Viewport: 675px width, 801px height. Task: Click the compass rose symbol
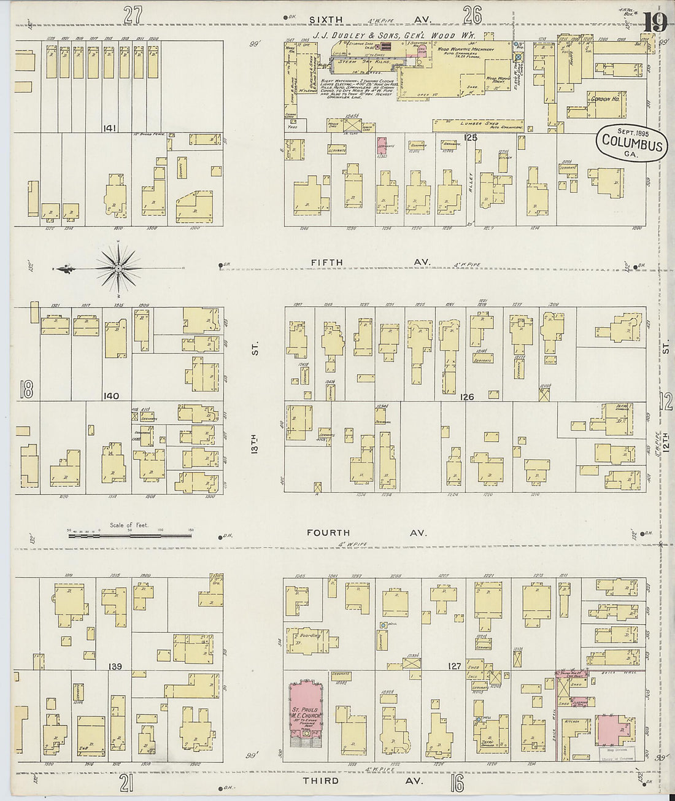[118, 268]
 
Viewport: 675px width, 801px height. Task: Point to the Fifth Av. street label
[368, 262]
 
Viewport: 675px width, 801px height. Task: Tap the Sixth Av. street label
[368, 20]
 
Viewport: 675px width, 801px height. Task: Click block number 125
[471, 137]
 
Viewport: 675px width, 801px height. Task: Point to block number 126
[467, 397]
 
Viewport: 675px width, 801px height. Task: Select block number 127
[455, 665]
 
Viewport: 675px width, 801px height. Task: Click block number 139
[115, 667]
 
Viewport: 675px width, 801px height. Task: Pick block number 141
[110, 128]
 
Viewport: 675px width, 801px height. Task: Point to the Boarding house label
[310, 636]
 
